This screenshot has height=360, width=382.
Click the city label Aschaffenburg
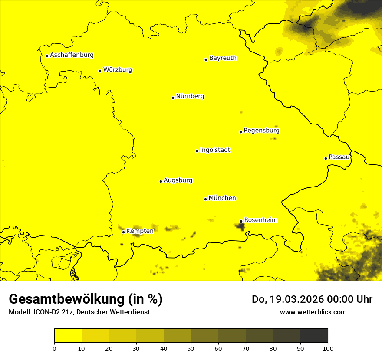pos(72,55)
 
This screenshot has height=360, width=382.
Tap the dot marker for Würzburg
pos(100,71)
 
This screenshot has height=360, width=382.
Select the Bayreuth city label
pos(223,58)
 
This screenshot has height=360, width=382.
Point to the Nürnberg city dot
pos(173,98)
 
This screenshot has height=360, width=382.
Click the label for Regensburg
pos(261,130)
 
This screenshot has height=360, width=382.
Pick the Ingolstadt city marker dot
pos(197,151)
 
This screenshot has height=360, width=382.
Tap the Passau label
pos(339,157)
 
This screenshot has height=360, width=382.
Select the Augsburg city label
pos(178,180)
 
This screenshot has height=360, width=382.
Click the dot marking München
pos(205,199)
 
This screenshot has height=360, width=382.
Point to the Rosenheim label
pos(260,220)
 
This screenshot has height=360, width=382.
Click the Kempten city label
pos(140,231)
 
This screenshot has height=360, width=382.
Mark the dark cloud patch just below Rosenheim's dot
pos(240,226)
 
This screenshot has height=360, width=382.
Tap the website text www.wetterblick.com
pos(313,312)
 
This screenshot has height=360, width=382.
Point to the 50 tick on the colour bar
pos(191,348)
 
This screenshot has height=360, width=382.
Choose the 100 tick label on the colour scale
pos(328,348)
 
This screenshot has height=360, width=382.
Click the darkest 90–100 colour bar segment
pos(314,335)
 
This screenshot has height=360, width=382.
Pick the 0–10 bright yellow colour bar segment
pos(68,335)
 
